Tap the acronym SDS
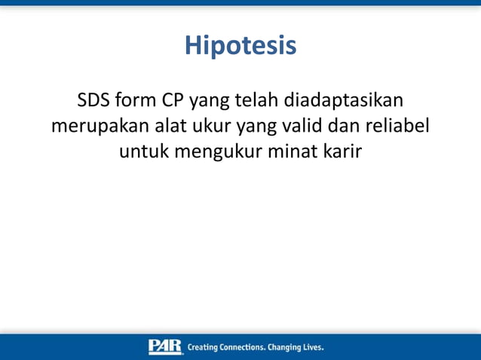click(93, 100)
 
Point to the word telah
click(254, 100)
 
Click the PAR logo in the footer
click(165, 347)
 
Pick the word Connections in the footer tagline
click(240, 348)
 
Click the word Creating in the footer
click(203, 348)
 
